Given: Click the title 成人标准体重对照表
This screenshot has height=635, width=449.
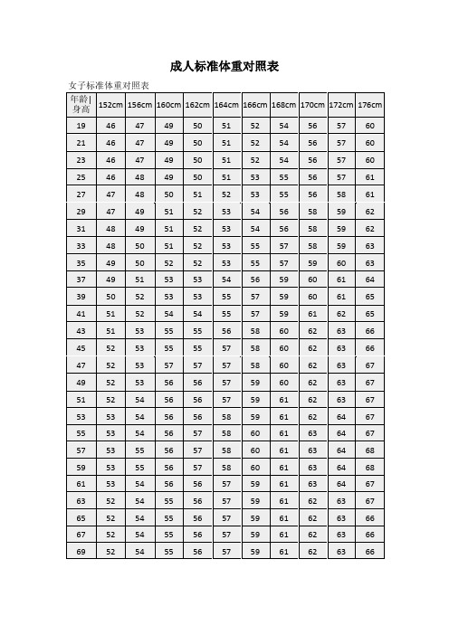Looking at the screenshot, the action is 224,67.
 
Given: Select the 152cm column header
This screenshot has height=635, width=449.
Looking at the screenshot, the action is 110,105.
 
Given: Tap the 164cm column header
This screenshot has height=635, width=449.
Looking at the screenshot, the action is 226,105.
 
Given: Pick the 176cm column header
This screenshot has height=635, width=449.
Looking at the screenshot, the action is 369,105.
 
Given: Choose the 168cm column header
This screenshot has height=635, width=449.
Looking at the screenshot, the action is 283,105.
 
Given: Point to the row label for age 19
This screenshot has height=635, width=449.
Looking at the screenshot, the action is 81,126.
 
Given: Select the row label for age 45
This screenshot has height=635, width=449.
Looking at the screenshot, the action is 81,346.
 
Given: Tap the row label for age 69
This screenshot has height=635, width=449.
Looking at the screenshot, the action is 81,551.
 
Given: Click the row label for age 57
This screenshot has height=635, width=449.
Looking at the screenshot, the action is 81,449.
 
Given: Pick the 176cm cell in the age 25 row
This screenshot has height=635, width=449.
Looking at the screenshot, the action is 369,177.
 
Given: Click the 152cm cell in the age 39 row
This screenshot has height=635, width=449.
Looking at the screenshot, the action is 110,296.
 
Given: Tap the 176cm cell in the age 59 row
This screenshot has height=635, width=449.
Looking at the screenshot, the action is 369,466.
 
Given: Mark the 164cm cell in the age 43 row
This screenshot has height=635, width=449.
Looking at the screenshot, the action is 226,330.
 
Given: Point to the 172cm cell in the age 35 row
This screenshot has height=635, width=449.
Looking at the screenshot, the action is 340,262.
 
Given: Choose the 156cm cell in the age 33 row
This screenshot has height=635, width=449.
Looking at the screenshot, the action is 139,245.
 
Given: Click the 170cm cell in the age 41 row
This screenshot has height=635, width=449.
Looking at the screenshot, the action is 312,313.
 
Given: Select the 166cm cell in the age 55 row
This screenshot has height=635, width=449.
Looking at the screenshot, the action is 255,432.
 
